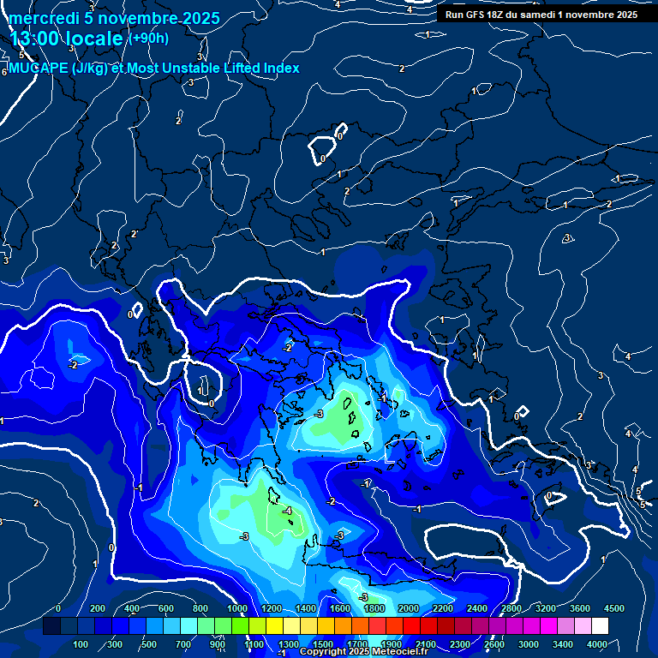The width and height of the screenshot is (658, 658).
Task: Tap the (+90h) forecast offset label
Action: (x=149, y=39)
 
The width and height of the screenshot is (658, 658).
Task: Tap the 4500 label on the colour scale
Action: (x=614, y=607)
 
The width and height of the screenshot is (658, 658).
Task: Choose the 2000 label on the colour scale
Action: (x=409, y=607)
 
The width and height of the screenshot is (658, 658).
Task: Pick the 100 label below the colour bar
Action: (x=81, y=644)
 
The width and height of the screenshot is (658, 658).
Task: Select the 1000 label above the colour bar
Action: (x=237, y=607)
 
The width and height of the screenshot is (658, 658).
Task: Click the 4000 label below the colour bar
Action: (x=597, y=644)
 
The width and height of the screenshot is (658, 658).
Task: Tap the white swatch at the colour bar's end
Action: (x=600, y=626)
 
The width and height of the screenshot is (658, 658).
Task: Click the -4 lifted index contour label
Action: (x=287, y=511)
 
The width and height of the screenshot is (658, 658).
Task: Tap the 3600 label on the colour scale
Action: (x=580, y=607)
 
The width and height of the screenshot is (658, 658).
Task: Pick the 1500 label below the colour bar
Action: (x=323, y=644)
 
